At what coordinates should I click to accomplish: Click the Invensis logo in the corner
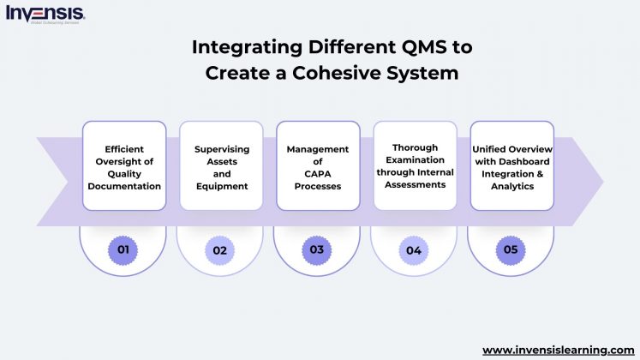[45, 14]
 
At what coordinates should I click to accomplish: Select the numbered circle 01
[123, 249]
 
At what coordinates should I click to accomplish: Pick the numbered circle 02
[220, 249]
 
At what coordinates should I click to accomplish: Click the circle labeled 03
[317, 249]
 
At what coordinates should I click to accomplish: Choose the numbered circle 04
[414, 249]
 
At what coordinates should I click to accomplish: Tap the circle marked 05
[511, 249]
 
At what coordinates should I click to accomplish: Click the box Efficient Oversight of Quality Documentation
[123, 165]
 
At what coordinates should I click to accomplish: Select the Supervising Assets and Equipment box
[220, 165]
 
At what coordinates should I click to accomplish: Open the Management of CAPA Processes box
[317, 165]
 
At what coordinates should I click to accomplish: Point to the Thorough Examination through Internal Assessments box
[414, 165]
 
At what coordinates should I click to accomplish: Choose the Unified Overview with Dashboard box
[511, 165]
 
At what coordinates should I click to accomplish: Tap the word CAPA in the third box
[317, 174]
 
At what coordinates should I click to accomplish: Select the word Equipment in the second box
[221, 186]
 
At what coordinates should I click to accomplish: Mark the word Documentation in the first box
[123, 186]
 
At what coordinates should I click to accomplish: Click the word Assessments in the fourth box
[414, 183]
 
